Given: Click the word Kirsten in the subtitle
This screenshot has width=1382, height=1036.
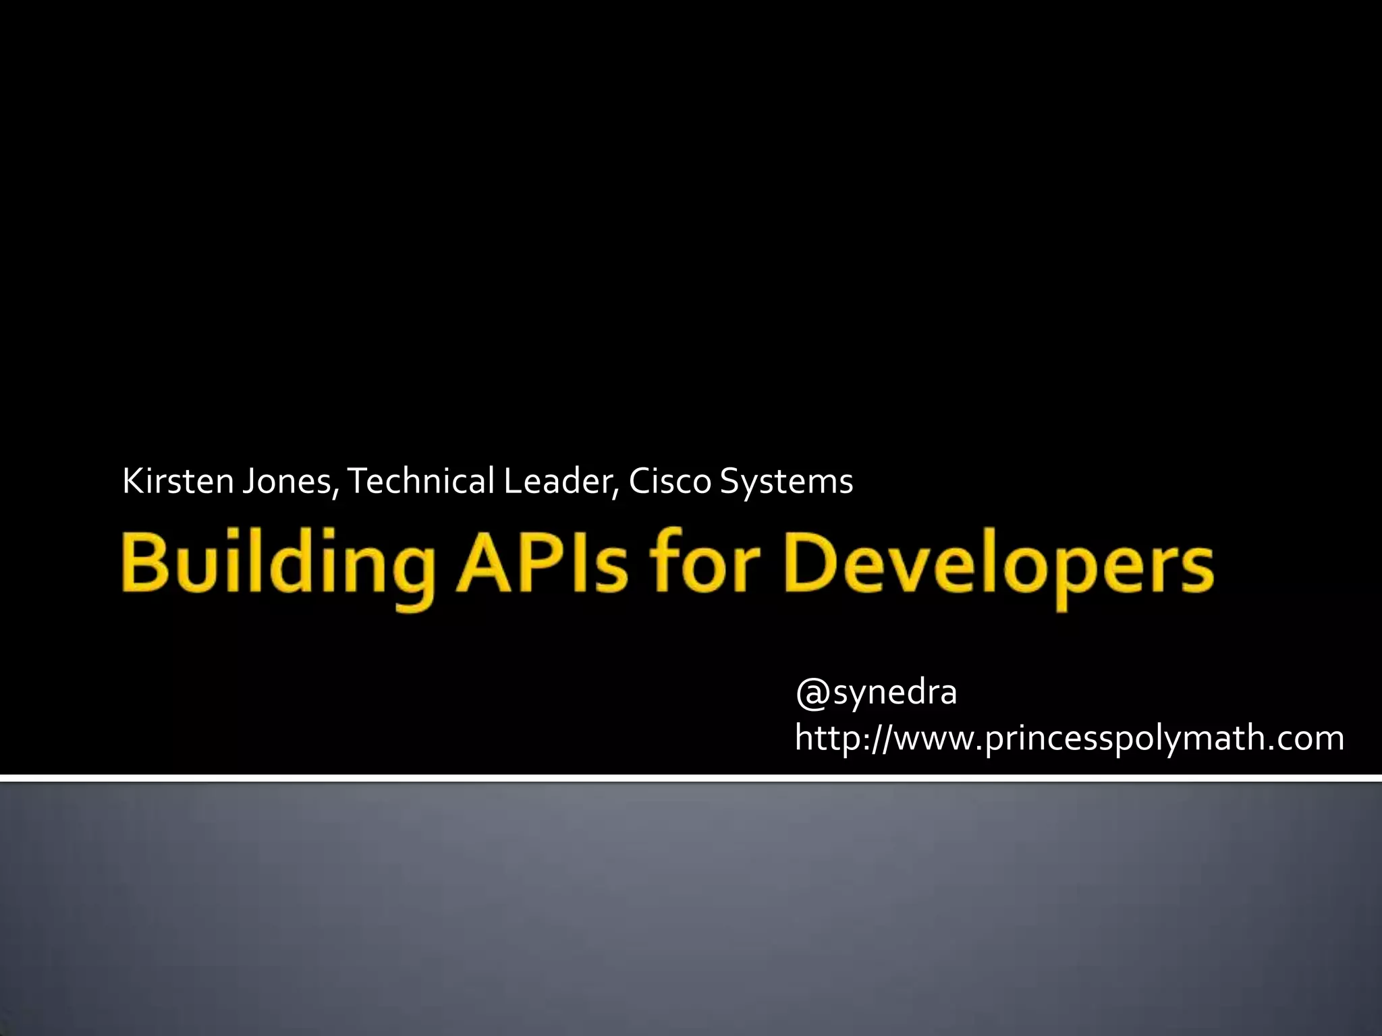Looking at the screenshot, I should [x=177, y=482].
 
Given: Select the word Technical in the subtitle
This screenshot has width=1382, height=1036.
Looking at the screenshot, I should [x=420, y=482].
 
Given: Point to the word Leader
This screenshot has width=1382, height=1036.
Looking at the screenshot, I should [x=557, y=482].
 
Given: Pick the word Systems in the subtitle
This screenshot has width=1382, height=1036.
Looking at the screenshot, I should [x=786, y=482].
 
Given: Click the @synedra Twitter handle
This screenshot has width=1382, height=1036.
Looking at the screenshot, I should [x=876, y=693].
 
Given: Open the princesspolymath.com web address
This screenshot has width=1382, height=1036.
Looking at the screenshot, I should [x=1069, y=738].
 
